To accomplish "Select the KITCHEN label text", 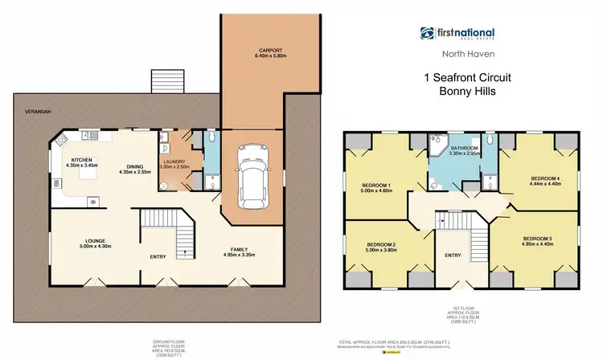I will coord(83,160).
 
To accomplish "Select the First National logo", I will coord(457,34).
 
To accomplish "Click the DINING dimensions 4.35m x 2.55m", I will coord(136,172).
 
